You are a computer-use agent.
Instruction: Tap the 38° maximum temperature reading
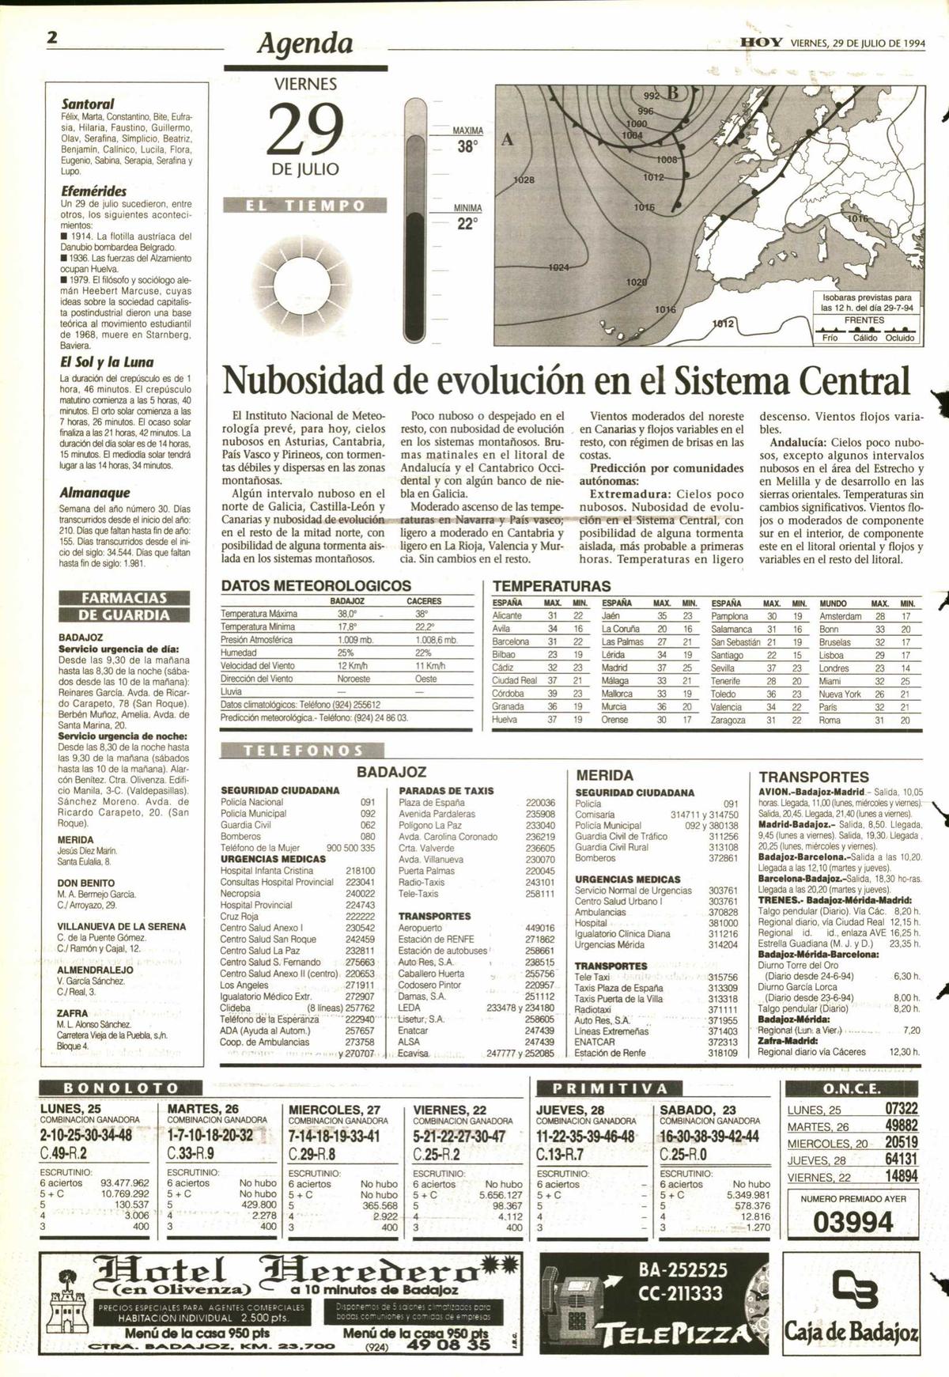pos(467,147)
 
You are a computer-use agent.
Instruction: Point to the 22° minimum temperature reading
pos(467,225)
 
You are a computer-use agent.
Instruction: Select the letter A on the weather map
pos(508,139)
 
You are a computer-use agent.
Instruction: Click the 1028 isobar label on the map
pos(524,180)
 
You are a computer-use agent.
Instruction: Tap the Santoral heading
pos(88,104)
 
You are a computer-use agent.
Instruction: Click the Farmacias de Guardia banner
pos(125,606)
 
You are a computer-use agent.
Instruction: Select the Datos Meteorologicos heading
pos(316,586)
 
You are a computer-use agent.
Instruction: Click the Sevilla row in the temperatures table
pos(723,668)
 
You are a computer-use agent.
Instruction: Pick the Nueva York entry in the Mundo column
pos(840,694)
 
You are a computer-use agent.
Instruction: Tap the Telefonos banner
pos(304,751)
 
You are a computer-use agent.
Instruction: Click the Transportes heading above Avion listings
pos(814,777)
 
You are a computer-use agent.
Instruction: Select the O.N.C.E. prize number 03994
pos(853,1223)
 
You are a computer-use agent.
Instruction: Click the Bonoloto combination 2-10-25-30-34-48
pos(86,1136)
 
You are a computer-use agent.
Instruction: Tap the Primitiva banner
pos(609,1088)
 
